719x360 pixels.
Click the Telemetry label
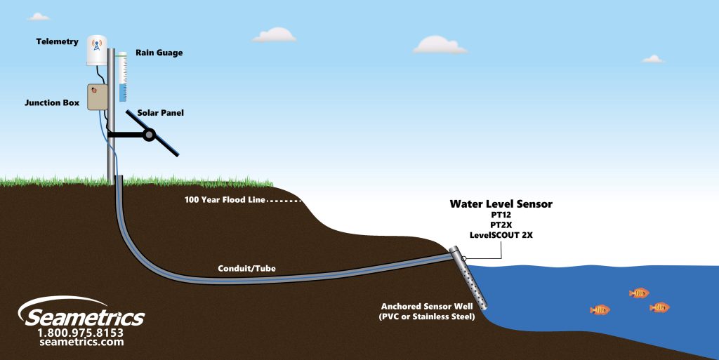(58, 42)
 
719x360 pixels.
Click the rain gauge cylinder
(122, 76)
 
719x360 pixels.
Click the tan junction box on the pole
(97, 97)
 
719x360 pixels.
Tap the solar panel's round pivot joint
(149, 134)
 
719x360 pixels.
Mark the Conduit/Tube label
(246, 268)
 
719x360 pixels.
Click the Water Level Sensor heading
(501, 204)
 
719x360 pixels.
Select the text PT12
(501, 215)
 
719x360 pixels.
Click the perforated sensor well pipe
(474, 281)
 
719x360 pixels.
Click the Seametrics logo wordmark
(83, 316)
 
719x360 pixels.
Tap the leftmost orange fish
(600, 309)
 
